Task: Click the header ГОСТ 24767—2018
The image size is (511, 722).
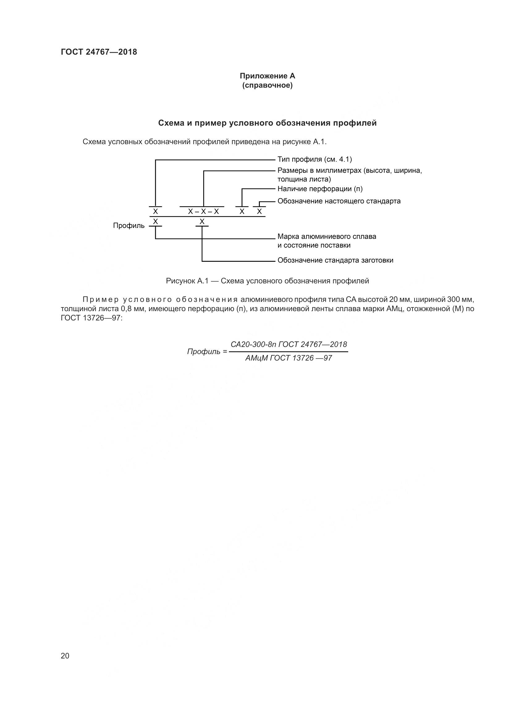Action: (x=99, y=52)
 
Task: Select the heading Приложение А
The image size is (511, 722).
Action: (x=267, y=76)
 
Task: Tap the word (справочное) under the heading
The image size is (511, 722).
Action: (x=267, y=86)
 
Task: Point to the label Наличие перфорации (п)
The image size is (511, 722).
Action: (x=320, y=189)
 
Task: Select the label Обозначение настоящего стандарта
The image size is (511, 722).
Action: (x=339, y=201)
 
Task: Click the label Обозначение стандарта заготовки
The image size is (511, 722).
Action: (x=335, y=261)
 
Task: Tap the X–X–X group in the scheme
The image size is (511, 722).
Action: (x=203, y=212)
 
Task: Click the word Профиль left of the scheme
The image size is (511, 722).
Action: (x=129, y=225)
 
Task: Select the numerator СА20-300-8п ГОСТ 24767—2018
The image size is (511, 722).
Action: (x=289, y=344)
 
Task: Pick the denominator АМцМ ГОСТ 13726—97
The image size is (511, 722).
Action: (x=289, y=358)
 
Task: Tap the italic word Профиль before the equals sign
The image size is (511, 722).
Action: (x=204, y=352)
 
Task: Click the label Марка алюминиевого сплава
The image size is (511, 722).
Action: (x=327, y=236)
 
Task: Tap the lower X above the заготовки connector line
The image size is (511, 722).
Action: (x=202, y=222)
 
